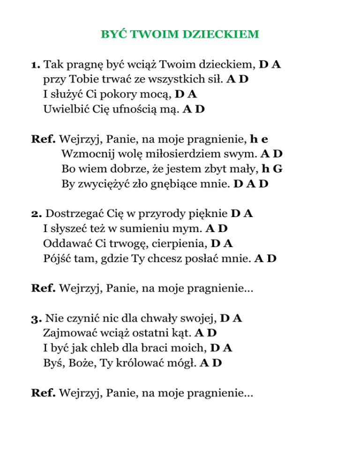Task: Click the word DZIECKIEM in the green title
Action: point(221,34)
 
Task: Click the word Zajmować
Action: point(66,334)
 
